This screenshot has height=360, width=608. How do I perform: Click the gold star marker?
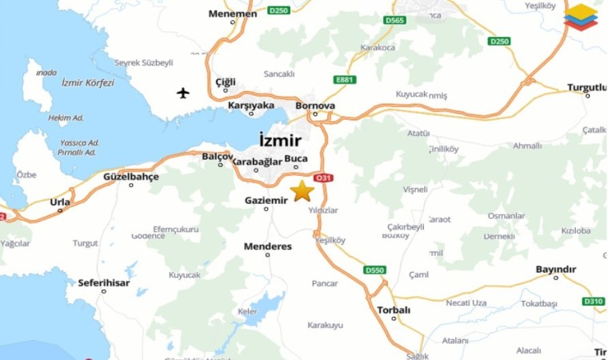point(302,190)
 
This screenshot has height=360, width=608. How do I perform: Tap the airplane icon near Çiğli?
point(184,94)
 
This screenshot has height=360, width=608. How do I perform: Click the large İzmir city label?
point(281,140)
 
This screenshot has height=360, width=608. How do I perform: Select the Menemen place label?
point(233,14)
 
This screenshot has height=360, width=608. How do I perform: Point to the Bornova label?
point(315,106)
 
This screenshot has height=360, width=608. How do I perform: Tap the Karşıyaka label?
point(251,105)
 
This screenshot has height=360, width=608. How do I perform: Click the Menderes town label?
point(268,246)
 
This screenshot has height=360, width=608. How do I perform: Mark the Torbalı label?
point(394,310)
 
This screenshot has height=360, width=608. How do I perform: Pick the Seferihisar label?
point(103,282)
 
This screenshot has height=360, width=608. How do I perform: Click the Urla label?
point(60,202)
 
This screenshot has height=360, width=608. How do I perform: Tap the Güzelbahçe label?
point(131,176)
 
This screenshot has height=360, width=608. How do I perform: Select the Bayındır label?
point(555,270)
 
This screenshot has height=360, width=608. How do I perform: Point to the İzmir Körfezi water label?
point(88,82)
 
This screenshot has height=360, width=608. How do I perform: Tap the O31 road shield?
point(323,178)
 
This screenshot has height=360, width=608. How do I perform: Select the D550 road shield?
point(375,270)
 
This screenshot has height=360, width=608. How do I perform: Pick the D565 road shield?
point(394,19)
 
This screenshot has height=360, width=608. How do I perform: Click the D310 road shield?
point(593,302)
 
